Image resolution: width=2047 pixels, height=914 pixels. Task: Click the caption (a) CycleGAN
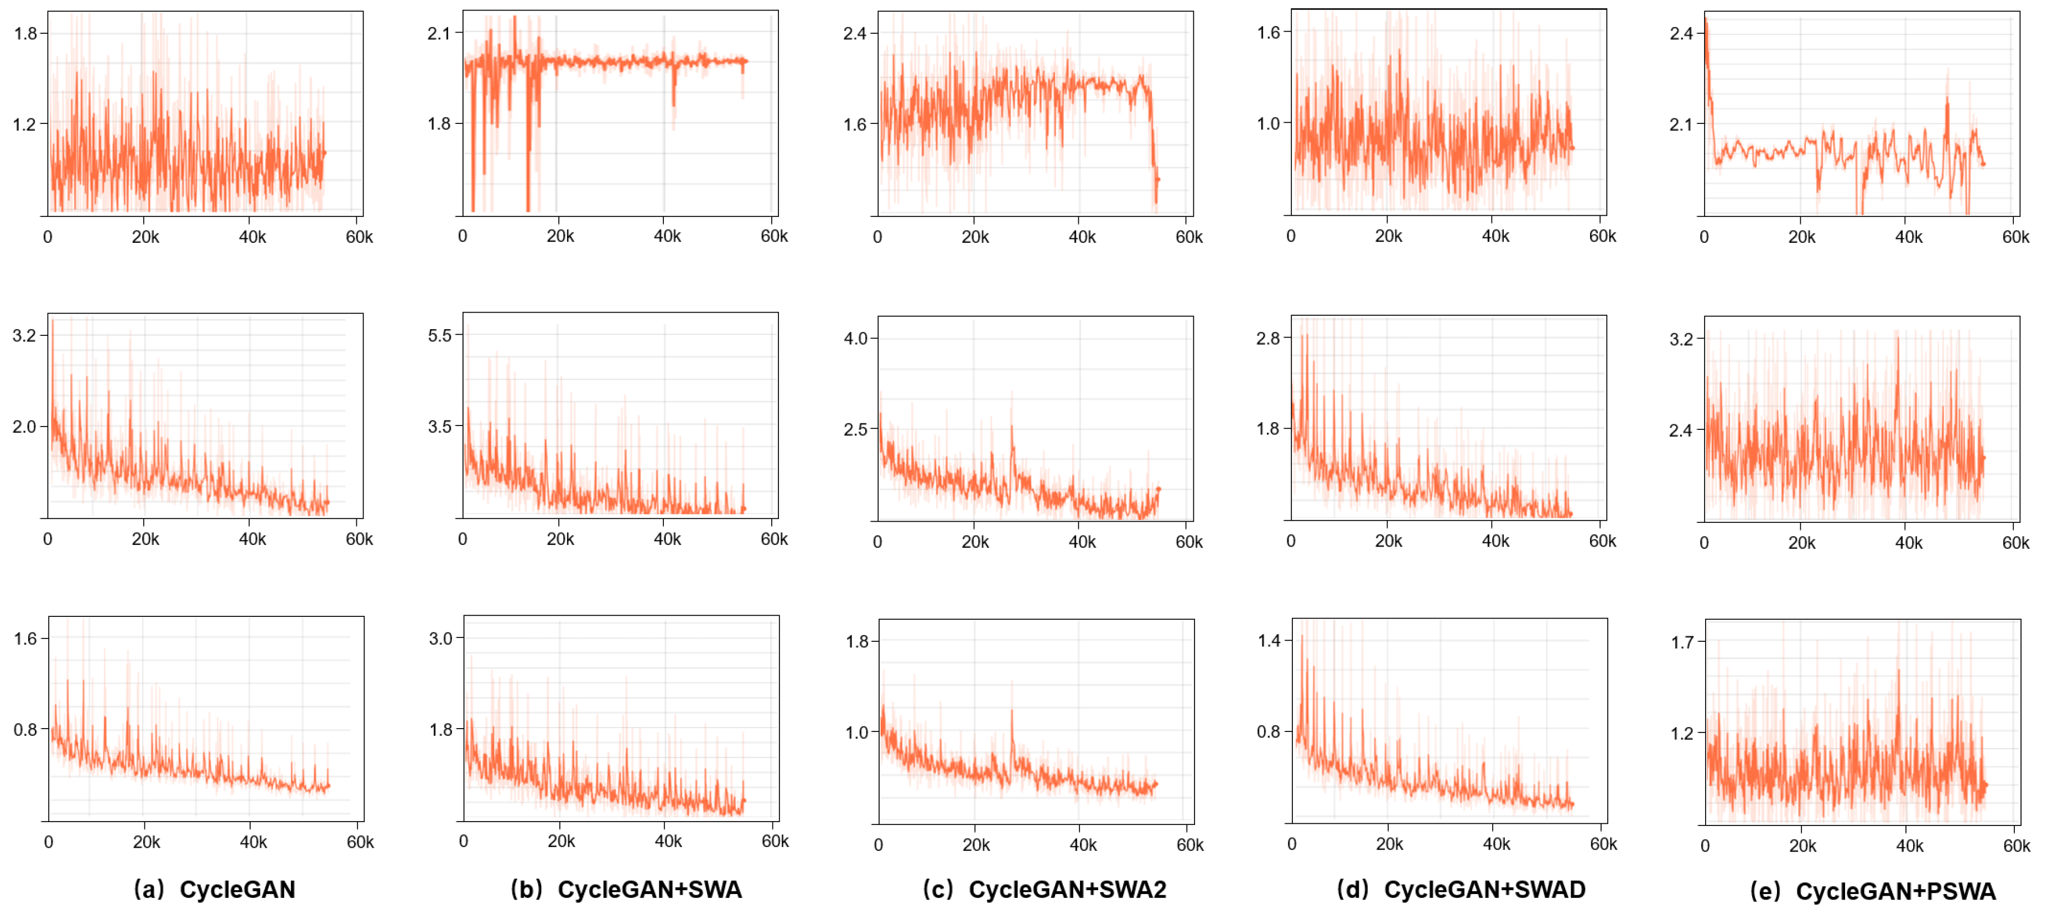215,889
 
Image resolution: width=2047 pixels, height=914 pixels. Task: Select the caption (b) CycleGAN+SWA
626,889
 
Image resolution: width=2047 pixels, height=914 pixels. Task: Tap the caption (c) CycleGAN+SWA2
1044,889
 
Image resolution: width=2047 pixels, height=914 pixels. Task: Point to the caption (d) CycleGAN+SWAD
1461,889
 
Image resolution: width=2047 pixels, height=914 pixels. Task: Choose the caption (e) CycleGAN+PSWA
1873,891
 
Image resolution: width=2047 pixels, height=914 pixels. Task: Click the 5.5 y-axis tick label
439,335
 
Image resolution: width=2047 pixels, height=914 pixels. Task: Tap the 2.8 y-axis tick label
1268,339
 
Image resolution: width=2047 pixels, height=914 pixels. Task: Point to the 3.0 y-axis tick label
440,638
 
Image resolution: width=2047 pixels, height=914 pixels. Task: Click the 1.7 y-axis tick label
1682,642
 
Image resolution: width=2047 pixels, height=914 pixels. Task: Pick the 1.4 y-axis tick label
1269,641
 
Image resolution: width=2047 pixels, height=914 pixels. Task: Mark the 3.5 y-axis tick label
439,427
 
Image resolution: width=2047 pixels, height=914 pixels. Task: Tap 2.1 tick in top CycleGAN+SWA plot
439,33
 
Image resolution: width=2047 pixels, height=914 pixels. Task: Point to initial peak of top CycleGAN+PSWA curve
1705,22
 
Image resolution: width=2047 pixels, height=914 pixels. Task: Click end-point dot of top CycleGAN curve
324,153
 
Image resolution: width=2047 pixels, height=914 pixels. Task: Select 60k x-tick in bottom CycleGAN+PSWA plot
2016,845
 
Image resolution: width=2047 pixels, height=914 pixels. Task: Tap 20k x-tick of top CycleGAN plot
146,237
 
